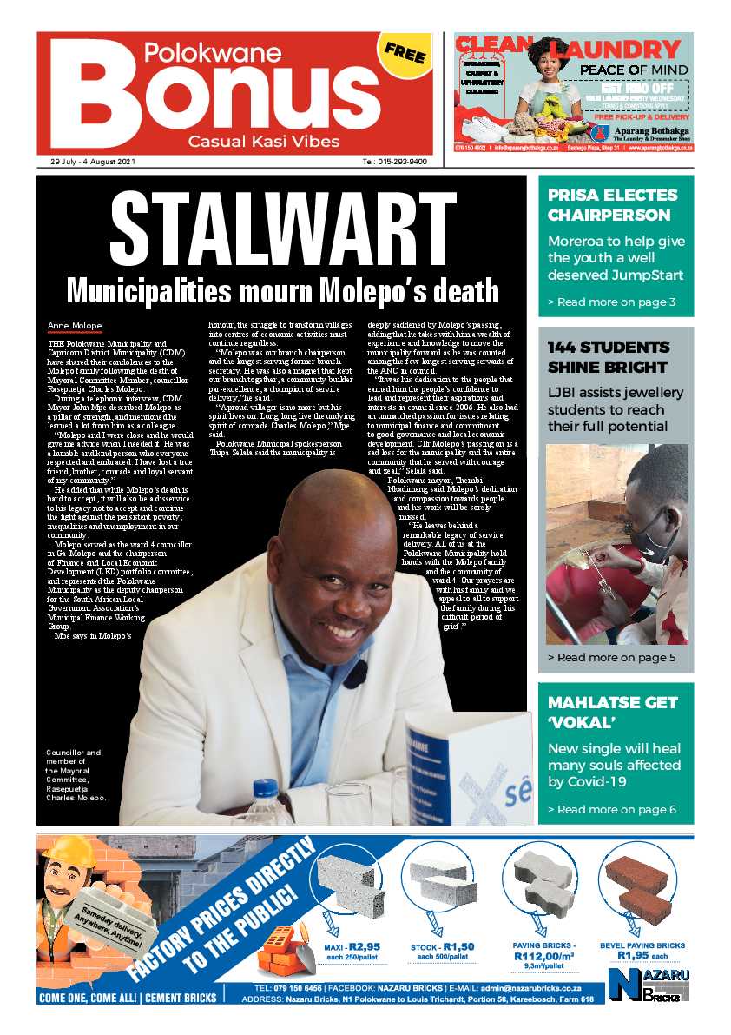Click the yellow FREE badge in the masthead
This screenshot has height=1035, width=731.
click(x=405, y=54)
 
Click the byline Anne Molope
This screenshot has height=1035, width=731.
click(x=76, y=326)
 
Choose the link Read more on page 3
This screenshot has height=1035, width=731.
click(x=611, y=302)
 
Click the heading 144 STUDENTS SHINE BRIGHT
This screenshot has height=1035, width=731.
click(x=609, y=356)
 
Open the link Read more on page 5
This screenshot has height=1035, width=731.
click(x=611, y=658)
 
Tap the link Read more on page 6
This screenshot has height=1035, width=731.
click(x=611, y=809)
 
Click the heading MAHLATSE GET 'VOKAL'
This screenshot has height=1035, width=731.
click(x=609, y=714)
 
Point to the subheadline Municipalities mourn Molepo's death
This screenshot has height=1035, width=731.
click(x=283, y=289)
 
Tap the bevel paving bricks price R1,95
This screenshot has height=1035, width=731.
click(x=642, y=955)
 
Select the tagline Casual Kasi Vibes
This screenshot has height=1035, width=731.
click(x=264, y=141)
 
